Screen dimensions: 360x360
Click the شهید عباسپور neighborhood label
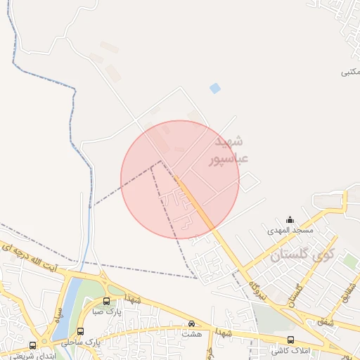click(x=229, y=150)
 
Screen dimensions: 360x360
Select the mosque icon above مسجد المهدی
click(x=290, y=220)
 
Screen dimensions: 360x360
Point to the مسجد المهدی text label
click(x=290, y=231)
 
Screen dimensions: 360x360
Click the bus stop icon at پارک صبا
click(x=106, y=301)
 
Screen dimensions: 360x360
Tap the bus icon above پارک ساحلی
click(x=81, y=331)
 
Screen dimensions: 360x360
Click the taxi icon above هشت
click(x=191, y=323)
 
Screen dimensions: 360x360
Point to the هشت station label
click(x=192, y=334)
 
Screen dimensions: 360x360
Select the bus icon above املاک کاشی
click(x=290, y=340)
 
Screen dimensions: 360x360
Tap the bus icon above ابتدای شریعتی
click(x=32, y=345)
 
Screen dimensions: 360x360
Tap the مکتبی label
click(x=350, y=72)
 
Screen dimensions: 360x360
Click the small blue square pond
click(x=215, y=88)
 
